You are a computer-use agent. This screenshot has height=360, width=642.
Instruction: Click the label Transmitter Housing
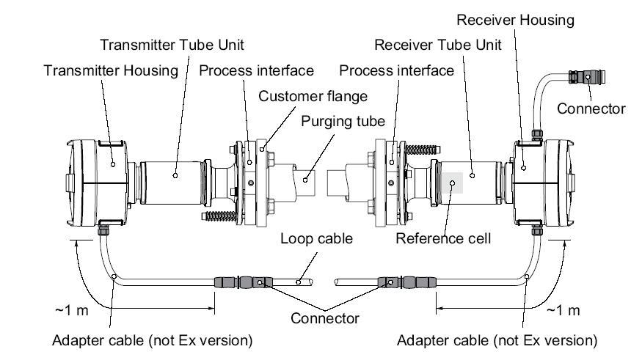(111, 71)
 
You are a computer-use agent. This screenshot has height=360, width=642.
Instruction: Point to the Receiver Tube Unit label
(438, 44)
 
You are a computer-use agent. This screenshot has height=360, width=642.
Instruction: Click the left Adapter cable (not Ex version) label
(153, 340)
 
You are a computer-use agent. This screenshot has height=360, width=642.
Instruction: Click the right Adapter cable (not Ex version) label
(497, 340)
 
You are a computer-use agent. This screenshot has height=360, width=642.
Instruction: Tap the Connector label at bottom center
(325, 318)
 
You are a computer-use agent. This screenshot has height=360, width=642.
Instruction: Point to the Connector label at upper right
(591, 109)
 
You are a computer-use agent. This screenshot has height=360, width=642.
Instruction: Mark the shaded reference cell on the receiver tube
(451, 181)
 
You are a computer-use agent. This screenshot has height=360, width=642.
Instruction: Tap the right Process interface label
(397, 71)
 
